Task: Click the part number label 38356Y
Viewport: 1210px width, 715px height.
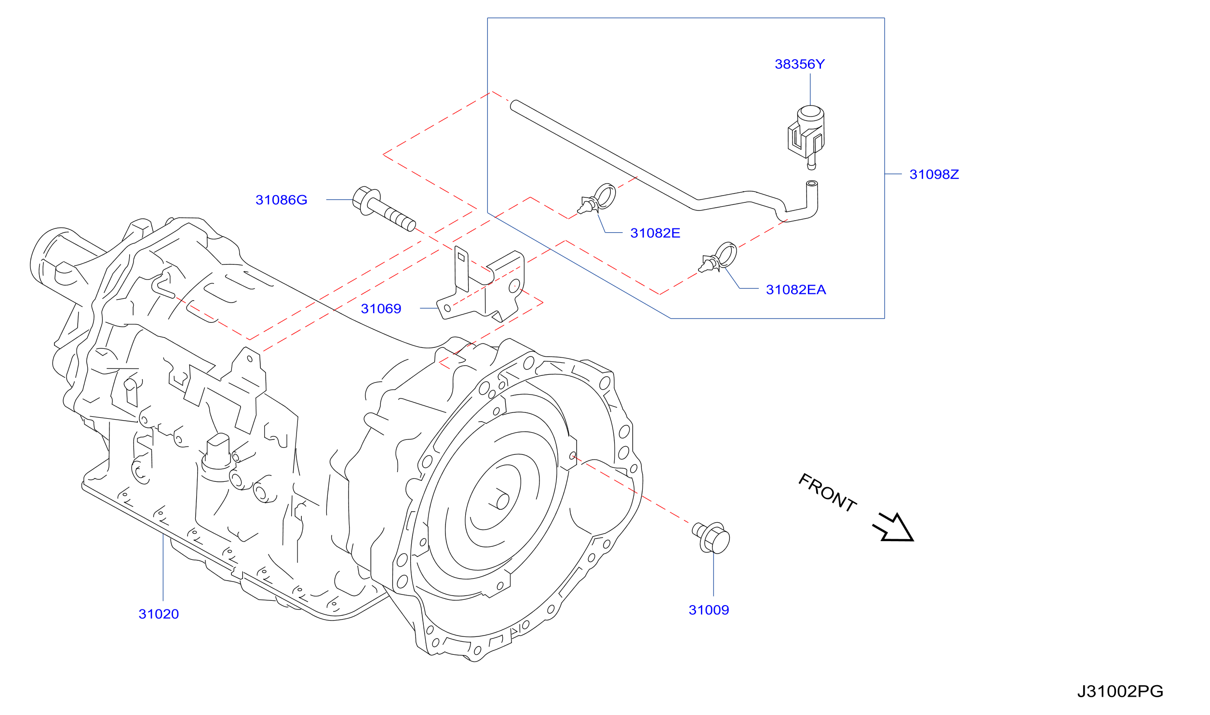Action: point(800,64)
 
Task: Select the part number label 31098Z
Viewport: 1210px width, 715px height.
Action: point(934,174)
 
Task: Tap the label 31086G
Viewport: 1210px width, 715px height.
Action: point(281,200)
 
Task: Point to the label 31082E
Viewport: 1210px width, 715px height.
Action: point(655,233)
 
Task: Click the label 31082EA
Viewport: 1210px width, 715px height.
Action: point(796,290)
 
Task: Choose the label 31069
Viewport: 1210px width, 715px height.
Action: point(381,309)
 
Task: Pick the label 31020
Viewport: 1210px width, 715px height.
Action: point(159,614)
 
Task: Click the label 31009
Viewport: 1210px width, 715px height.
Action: point(709,610)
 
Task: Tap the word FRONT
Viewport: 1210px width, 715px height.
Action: point(827,492)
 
